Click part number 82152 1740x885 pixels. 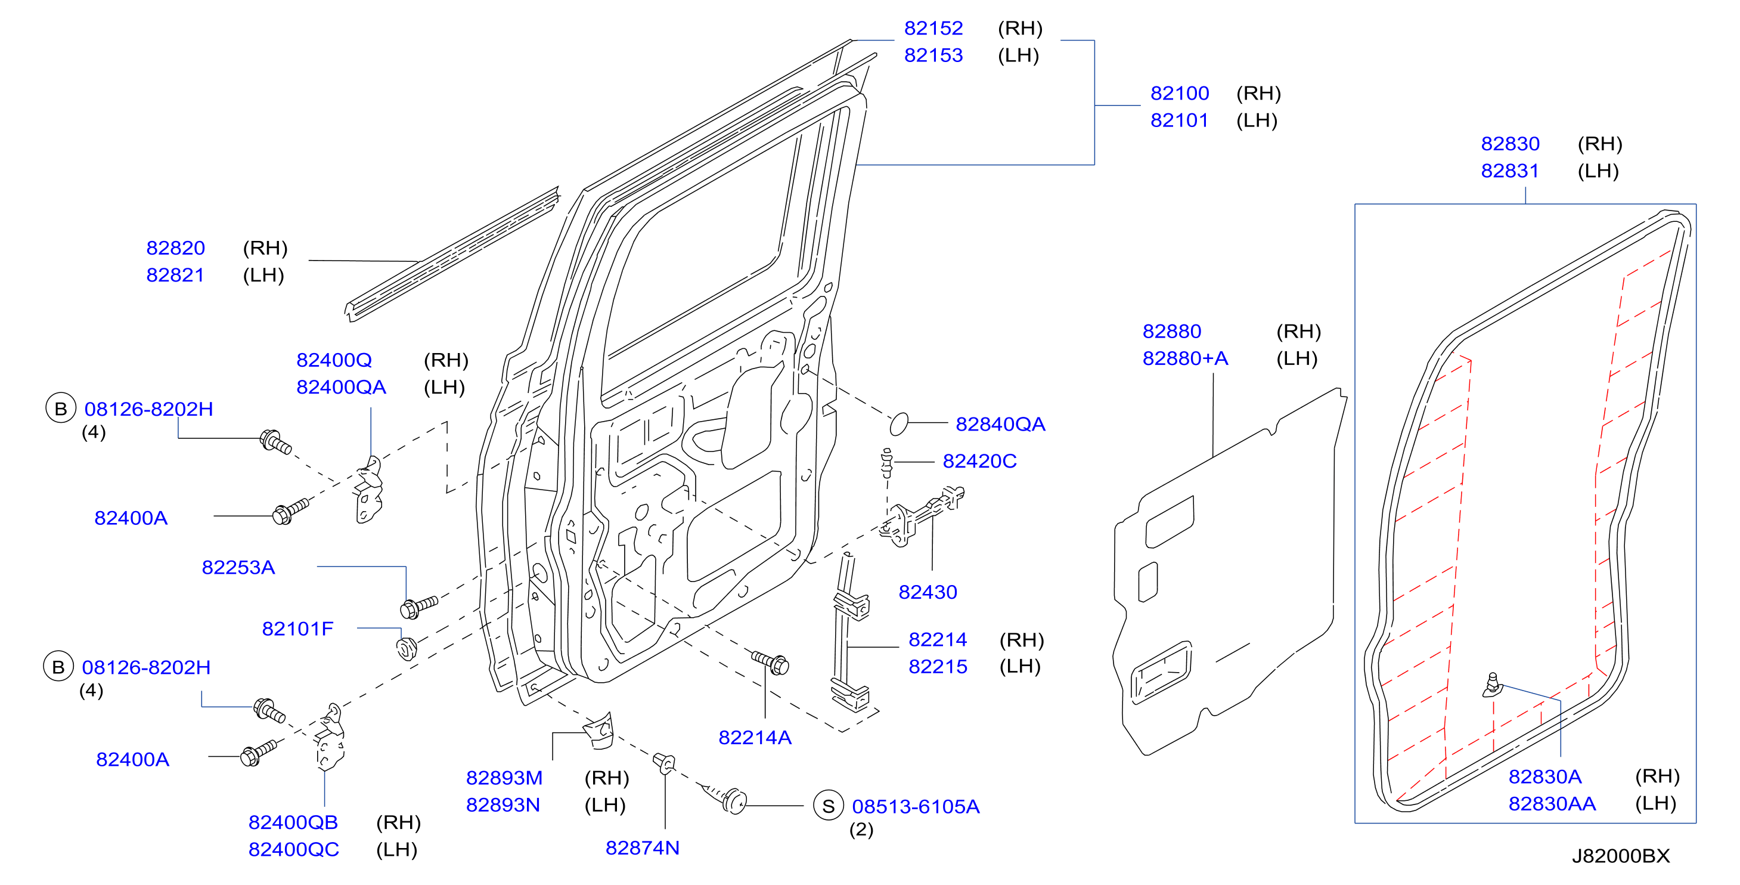pyautogui.click(x=933, y=29)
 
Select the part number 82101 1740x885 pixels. pyautogui.click(x=1178, y=120)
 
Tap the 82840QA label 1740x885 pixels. pyautogui.click(x=1000, y=424)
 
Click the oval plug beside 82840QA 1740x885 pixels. pyautogui.click(x=898, y=423)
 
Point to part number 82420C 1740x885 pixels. pyautogui.click(x=979, y=462)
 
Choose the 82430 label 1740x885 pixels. pyautogui.click(x=928, y=592)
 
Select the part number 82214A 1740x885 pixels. pyautogui.click(x=755, y=738)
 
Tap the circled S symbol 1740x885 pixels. pyautogui.click(x=828, y=805)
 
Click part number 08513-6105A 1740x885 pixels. pyautogui.click(x=915, y=807)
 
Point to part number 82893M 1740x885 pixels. pyautogui.click(x=504, y=778)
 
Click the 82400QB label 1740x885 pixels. pyautogui.click(x=293, y=823)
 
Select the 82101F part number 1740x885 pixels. pyautogui.click(x=297, y=630)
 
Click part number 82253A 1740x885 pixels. pyautogui.click(x=238, y=568)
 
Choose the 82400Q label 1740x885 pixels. pyautogui.click(x=334, y=361)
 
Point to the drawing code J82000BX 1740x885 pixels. pyautogui.click(x=1620, y=856)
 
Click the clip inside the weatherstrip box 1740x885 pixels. pyautogui.click(x=1492, y=685)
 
